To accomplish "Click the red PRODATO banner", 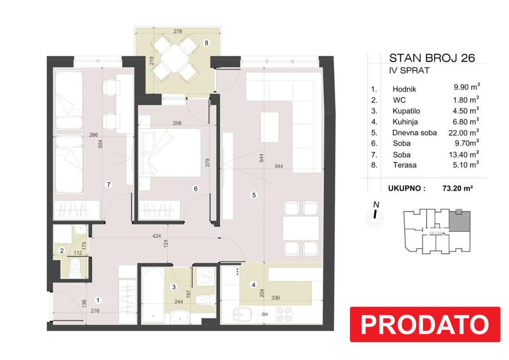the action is (425, 324).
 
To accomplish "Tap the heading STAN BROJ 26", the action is (432, 58).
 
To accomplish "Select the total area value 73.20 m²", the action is (457, 188).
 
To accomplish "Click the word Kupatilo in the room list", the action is (406, 111).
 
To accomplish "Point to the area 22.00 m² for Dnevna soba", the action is (464, 132).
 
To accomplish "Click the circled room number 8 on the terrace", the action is (206, 43).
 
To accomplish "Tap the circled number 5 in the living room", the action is (254, 195).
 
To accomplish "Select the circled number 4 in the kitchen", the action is (253, 285).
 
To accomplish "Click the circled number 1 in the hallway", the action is (98, 300).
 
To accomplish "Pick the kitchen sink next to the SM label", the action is (242, 315).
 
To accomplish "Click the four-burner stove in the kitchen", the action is (284, 314).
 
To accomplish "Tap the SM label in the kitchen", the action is (264, 314).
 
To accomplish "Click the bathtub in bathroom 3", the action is (153, 295).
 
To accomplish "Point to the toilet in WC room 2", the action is (75, 266).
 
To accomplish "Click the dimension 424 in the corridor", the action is (156, 236).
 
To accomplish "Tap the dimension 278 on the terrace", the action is (178, 31).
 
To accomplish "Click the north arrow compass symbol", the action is (375, 214).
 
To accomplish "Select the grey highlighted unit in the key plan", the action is (460, 220).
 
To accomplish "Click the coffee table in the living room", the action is (269, 127).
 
